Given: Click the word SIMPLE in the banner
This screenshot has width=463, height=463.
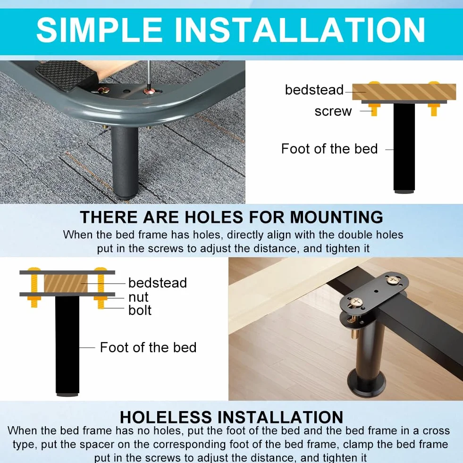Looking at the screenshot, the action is tap(99, 30).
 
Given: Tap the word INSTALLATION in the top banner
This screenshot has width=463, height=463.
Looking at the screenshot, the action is tap(300, 30).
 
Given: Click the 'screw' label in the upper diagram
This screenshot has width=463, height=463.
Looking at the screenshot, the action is tap(333, 111).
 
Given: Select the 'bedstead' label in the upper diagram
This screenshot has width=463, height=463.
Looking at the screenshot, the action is tap(314, 90).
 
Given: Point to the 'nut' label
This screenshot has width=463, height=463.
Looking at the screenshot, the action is tap(138, 297).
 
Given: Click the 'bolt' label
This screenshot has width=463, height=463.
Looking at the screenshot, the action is tap(140, 310).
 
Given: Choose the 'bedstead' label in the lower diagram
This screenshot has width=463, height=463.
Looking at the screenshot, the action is tap(158, 283).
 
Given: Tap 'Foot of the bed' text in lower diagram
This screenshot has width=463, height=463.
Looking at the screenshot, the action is tap(148, 347).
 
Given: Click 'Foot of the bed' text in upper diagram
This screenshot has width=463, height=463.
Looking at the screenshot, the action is tap(329, 149).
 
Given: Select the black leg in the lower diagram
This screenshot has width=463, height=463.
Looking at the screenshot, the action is tap(67, 345).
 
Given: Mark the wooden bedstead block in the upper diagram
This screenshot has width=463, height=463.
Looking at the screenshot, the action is tap(404, 92).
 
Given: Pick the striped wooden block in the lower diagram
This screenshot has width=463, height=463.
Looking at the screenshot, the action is tap(66, 284).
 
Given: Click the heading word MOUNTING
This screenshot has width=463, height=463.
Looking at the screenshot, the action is tap(337, 217).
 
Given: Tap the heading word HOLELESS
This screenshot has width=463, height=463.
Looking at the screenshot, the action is tap(166, 417).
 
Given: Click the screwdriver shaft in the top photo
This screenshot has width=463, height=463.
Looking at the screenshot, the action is tap(149, 76).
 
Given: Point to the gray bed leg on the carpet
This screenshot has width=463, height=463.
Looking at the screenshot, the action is tap(125, 162).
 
